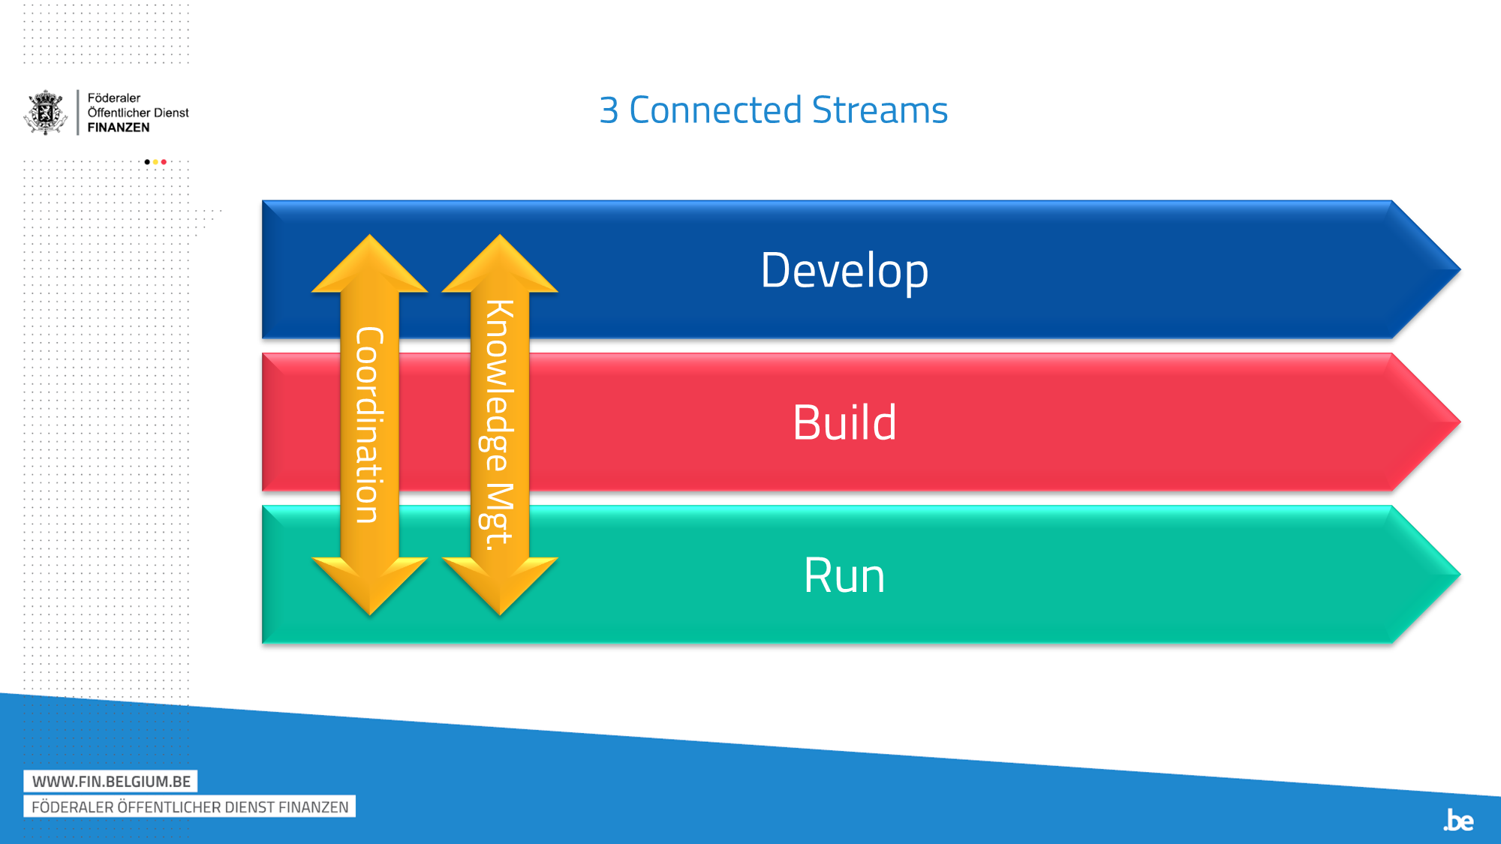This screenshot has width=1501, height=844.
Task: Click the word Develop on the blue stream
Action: [x=844, y=271]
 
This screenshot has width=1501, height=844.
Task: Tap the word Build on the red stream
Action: [x=844, y=422]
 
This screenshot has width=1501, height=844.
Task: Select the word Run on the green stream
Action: [x=844, y=575]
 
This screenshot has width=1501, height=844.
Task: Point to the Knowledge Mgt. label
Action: [x=498, y=425]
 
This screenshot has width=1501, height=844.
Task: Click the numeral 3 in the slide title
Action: [x=609, y=110]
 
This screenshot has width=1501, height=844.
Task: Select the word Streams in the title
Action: [x=880, y=110]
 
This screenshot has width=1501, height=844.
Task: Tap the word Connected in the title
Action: [x=715, y=110]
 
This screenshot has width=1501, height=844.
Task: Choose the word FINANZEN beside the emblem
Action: [x=119, y=128]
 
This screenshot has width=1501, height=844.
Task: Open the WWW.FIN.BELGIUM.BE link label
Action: [x=111, y=782]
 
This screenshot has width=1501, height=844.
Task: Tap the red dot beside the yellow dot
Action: [x=164, y=162]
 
